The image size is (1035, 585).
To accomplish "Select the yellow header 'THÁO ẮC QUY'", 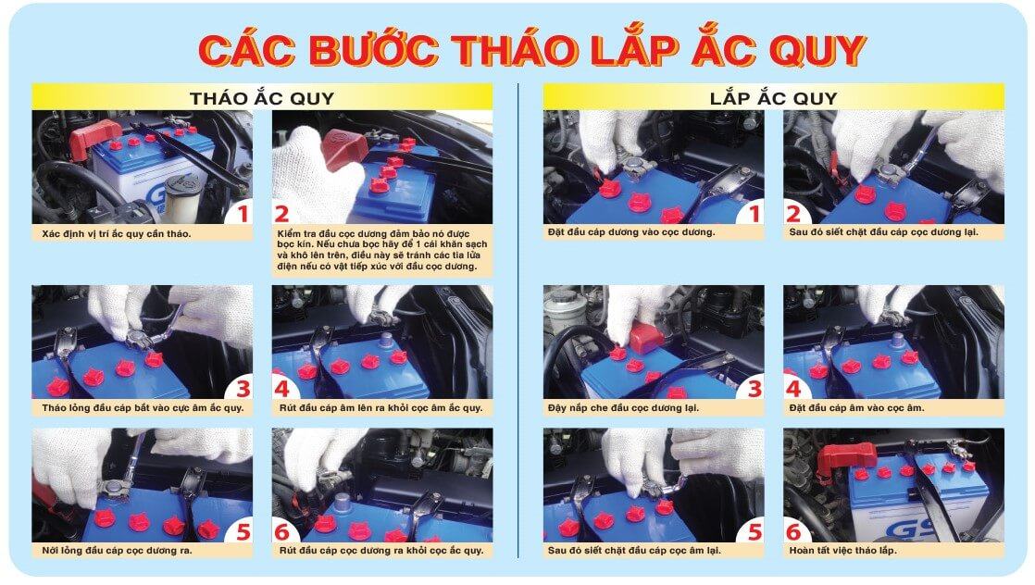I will [262, 97].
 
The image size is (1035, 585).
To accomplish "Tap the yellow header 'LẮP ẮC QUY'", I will [773, 97].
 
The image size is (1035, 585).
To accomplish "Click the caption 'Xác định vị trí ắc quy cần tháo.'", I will [117, 232].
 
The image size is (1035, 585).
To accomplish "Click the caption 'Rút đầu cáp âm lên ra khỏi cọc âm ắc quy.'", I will [380, 407].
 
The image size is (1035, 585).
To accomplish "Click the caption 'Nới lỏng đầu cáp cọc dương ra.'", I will [120, 551].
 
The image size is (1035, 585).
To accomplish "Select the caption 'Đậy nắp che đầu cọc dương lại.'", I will [623, 407].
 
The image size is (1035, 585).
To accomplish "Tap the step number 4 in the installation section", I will [793, 387].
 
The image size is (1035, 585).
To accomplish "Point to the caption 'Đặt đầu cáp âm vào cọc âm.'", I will [856, 407].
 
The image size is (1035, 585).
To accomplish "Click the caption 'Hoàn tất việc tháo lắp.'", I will [842, 551].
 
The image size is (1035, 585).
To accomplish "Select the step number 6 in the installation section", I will [793, 531].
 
